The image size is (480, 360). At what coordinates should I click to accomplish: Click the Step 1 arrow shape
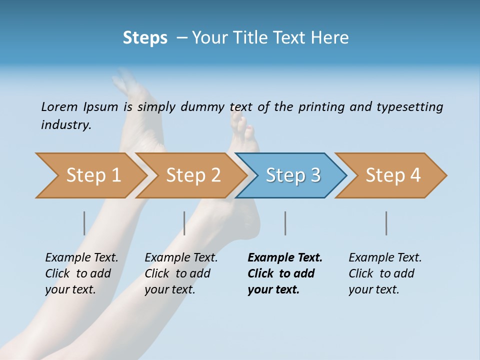[90, 175]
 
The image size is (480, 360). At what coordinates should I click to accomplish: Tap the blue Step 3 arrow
[292, 175]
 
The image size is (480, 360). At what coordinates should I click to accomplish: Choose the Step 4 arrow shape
[392, 175]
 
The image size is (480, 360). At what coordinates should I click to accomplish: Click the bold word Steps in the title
[145, 37]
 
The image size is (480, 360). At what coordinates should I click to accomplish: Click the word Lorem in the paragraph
[59, 106]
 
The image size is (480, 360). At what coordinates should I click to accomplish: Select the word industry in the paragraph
[65, 125]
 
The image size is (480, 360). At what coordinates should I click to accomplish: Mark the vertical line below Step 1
[84, 223]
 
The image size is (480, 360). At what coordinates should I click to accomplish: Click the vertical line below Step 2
[184, 223]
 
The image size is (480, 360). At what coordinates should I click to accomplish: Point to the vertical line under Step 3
[285, 223]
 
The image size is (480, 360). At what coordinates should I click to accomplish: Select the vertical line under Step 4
[386, 223]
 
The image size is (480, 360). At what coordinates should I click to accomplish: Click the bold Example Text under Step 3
[285, 257]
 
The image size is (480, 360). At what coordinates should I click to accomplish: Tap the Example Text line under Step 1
[81, 257]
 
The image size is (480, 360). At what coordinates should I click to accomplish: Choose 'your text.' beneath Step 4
[373, 289]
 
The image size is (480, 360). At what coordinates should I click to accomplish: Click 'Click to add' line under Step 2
[177, 273]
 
